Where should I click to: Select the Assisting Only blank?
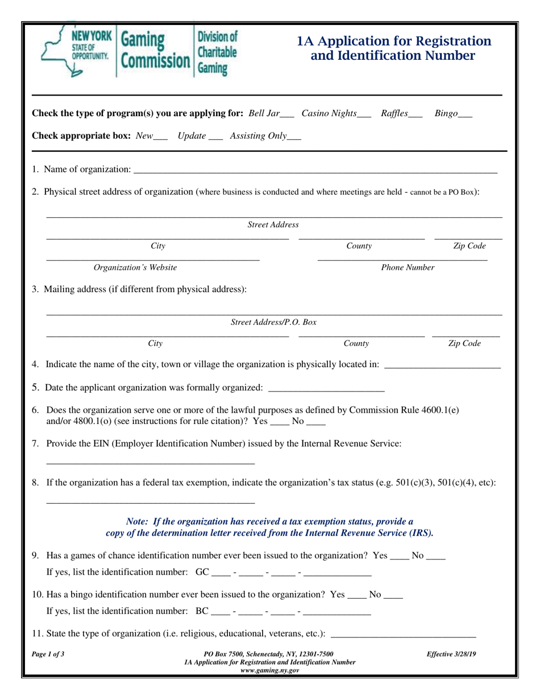pyautogui.click(x=294, y=139)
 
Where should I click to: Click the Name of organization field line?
pyautogui.click(x=315, y=171)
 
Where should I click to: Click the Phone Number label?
pyautogui.click(x=408, y=267)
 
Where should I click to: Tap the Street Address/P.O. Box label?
pyautogui.click(x=273, y=322)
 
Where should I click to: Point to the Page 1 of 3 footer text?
pyautogui.click(x=48, y=654)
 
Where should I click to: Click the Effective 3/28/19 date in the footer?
pyautogui.click(x=451, y=654)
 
